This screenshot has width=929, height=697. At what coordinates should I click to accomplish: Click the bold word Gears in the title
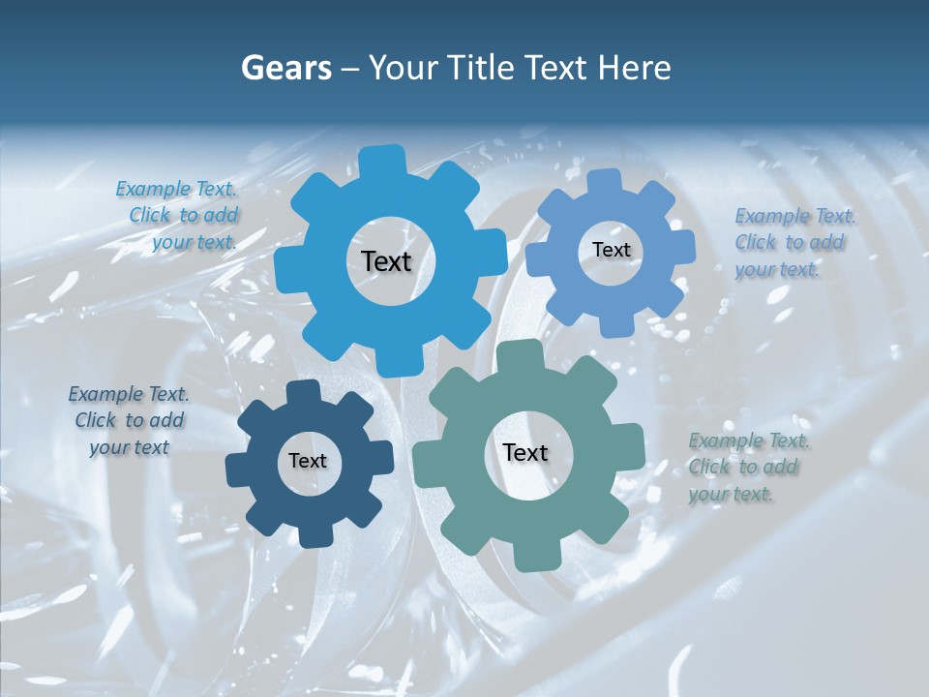click(285, 68)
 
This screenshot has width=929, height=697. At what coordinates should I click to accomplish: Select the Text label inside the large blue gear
click(387, 261)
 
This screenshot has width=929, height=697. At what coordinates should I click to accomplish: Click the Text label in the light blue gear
click(611, 250)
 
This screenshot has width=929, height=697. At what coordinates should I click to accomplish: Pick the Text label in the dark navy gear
click(308, 461)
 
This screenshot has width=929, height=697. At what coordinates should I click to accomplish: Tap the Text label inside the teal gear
click(525, 453)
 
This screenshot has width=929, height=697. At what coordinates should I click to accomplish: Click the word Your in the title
click(403, 68)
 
